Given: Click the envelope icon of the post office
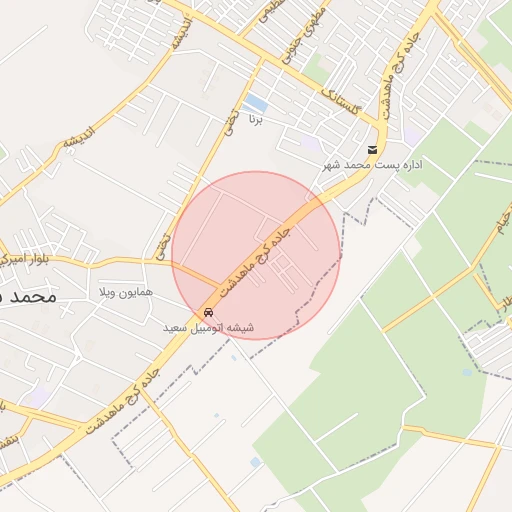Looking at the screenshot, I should tap(372, 151).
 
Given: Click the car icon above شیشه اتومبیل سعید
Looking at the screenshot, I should tap(208, 311).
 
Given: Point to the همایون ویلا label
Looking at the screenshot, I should tap(126, 293).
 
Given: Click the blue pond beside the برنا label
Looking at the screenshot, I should tap(256, 103).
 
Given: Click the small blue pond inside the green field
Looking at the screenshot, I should tap(467, 372).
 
